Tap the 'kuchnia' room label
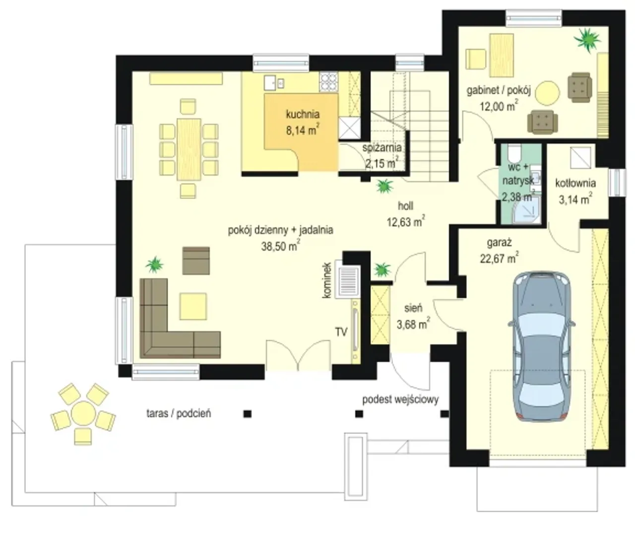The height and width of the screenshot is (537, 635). tap(303, 114)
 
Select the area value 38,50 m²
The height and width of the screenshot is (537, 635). tap(280, 246)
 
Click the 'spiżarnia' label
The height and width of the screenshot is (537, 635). tap(382, 147)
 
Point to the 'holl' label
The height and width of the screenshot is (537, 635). tap(405, 206)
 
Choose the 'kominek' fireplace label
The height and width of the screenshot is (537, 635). tap(327, 280)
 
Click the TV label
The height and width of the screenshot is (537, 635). tap(341, 332)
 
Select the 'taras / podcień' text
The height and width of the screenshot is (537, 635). tap(179, 414)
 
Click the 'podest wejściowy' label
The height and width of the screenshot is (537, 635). tap(400, 400)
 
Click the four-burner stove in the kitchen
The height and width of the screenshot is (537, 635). tap(328, 81)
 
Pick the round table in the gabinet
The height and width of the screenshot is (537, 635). tap(548, 92)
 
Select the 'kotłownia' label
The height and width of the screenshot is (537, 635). tap(575, 183)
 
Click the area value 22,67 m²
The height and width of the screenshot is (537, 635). tap(500, 258)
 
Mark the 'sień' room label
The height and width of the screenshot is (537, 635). tap(413, 308)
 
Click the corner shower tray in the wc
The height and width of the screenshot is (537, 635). tap(527, 209)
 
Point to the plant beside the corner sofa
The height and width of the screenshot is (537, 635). tap(154, 265)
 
